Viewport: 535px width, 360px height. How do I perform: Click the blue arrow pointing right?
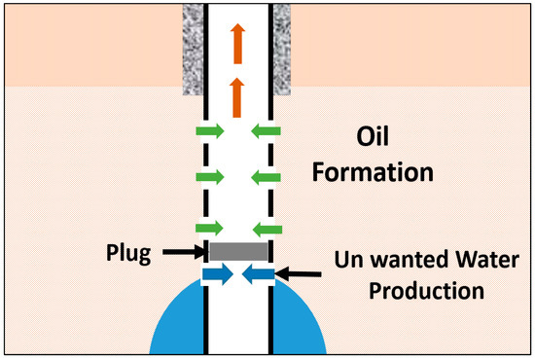click(218, 276)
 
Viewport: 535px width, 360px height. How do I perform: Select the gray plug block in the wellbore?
click(238, 252)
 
